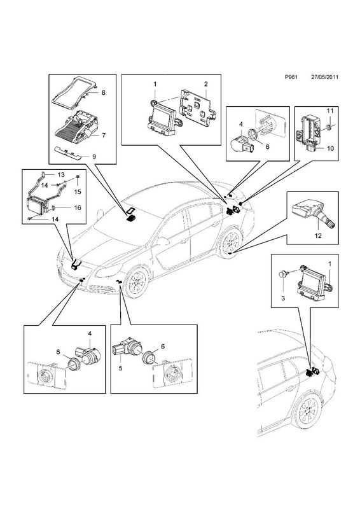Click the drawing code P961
click(291, 77)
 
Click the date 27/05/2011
click(324, 77)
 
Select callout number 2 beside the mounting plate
click(206, 84)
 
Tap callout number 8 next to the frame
click(103, 92)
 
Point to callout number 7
click(104, 136)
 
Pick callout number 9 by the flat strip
click(93, 157)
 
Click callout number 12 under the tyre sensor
click(318, 235)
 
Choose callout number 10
click(330, 149)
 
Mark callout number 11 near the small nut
click(330, 111)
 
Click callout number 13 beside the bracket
click(61, 174)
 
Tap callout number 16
click(78, 208)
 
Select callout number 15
click(78, 192)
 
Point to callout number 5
click(120, 368)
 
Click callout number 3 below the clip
click(283, 298)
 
